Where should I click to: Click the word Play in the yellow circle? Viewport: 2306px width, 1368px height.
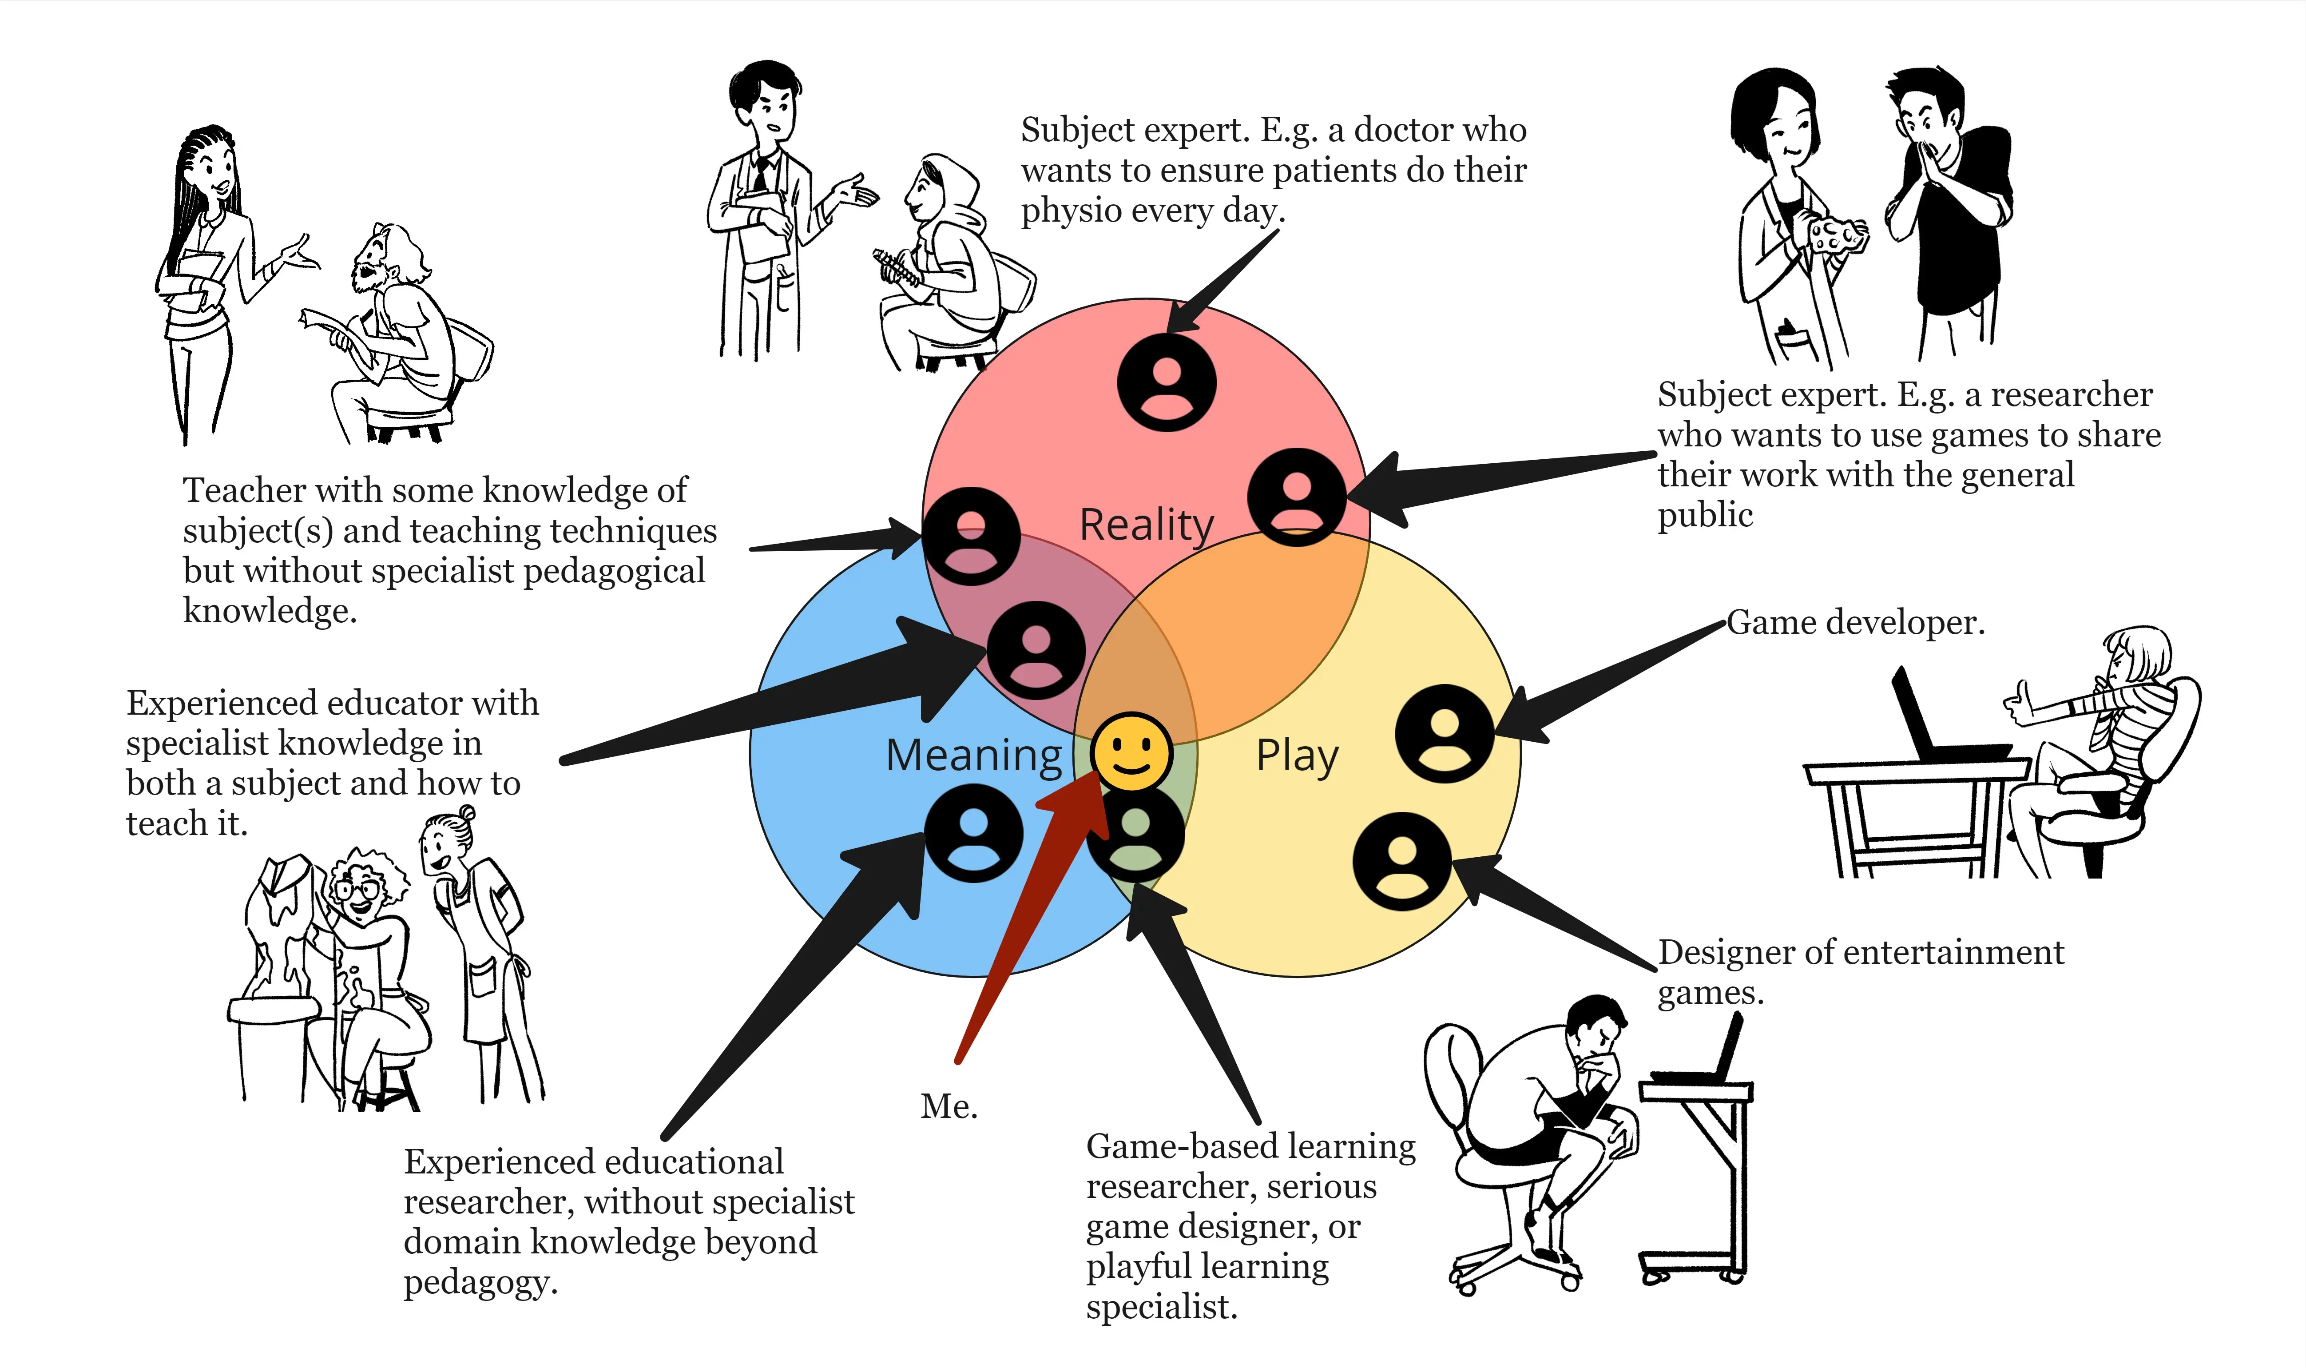pos(1297,756)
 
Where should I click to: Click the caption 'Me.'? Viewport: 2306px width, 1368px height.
pos(949,1106)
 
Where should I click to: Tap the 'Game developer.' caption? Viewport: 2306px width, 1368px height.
pos(1854,623)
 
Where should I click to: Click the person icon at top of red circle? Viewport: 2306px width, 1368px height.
pos(1166,382)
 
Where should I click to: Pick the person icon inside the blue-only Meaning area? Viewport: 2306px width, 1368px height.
pos(973,832)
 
